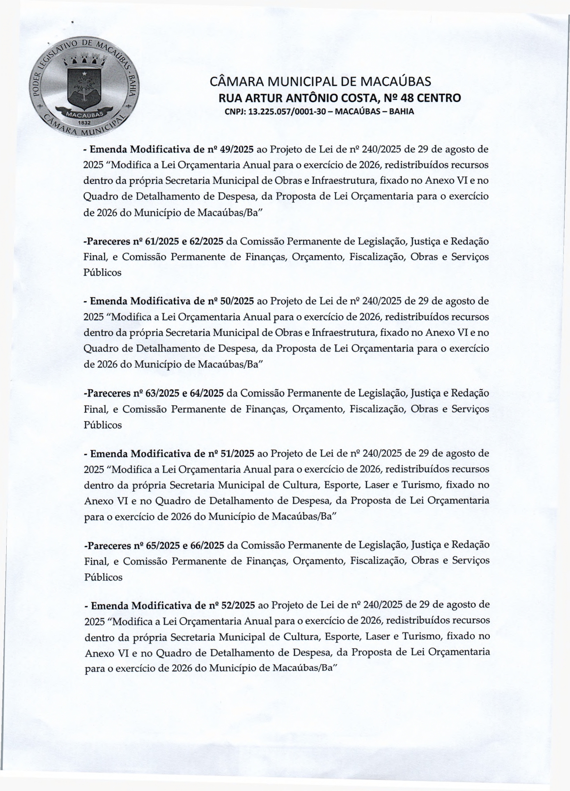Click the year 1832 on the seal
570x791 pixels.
[x=84, y=121]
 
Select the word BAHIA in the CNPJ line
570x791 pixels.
[x=402, y=112]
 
